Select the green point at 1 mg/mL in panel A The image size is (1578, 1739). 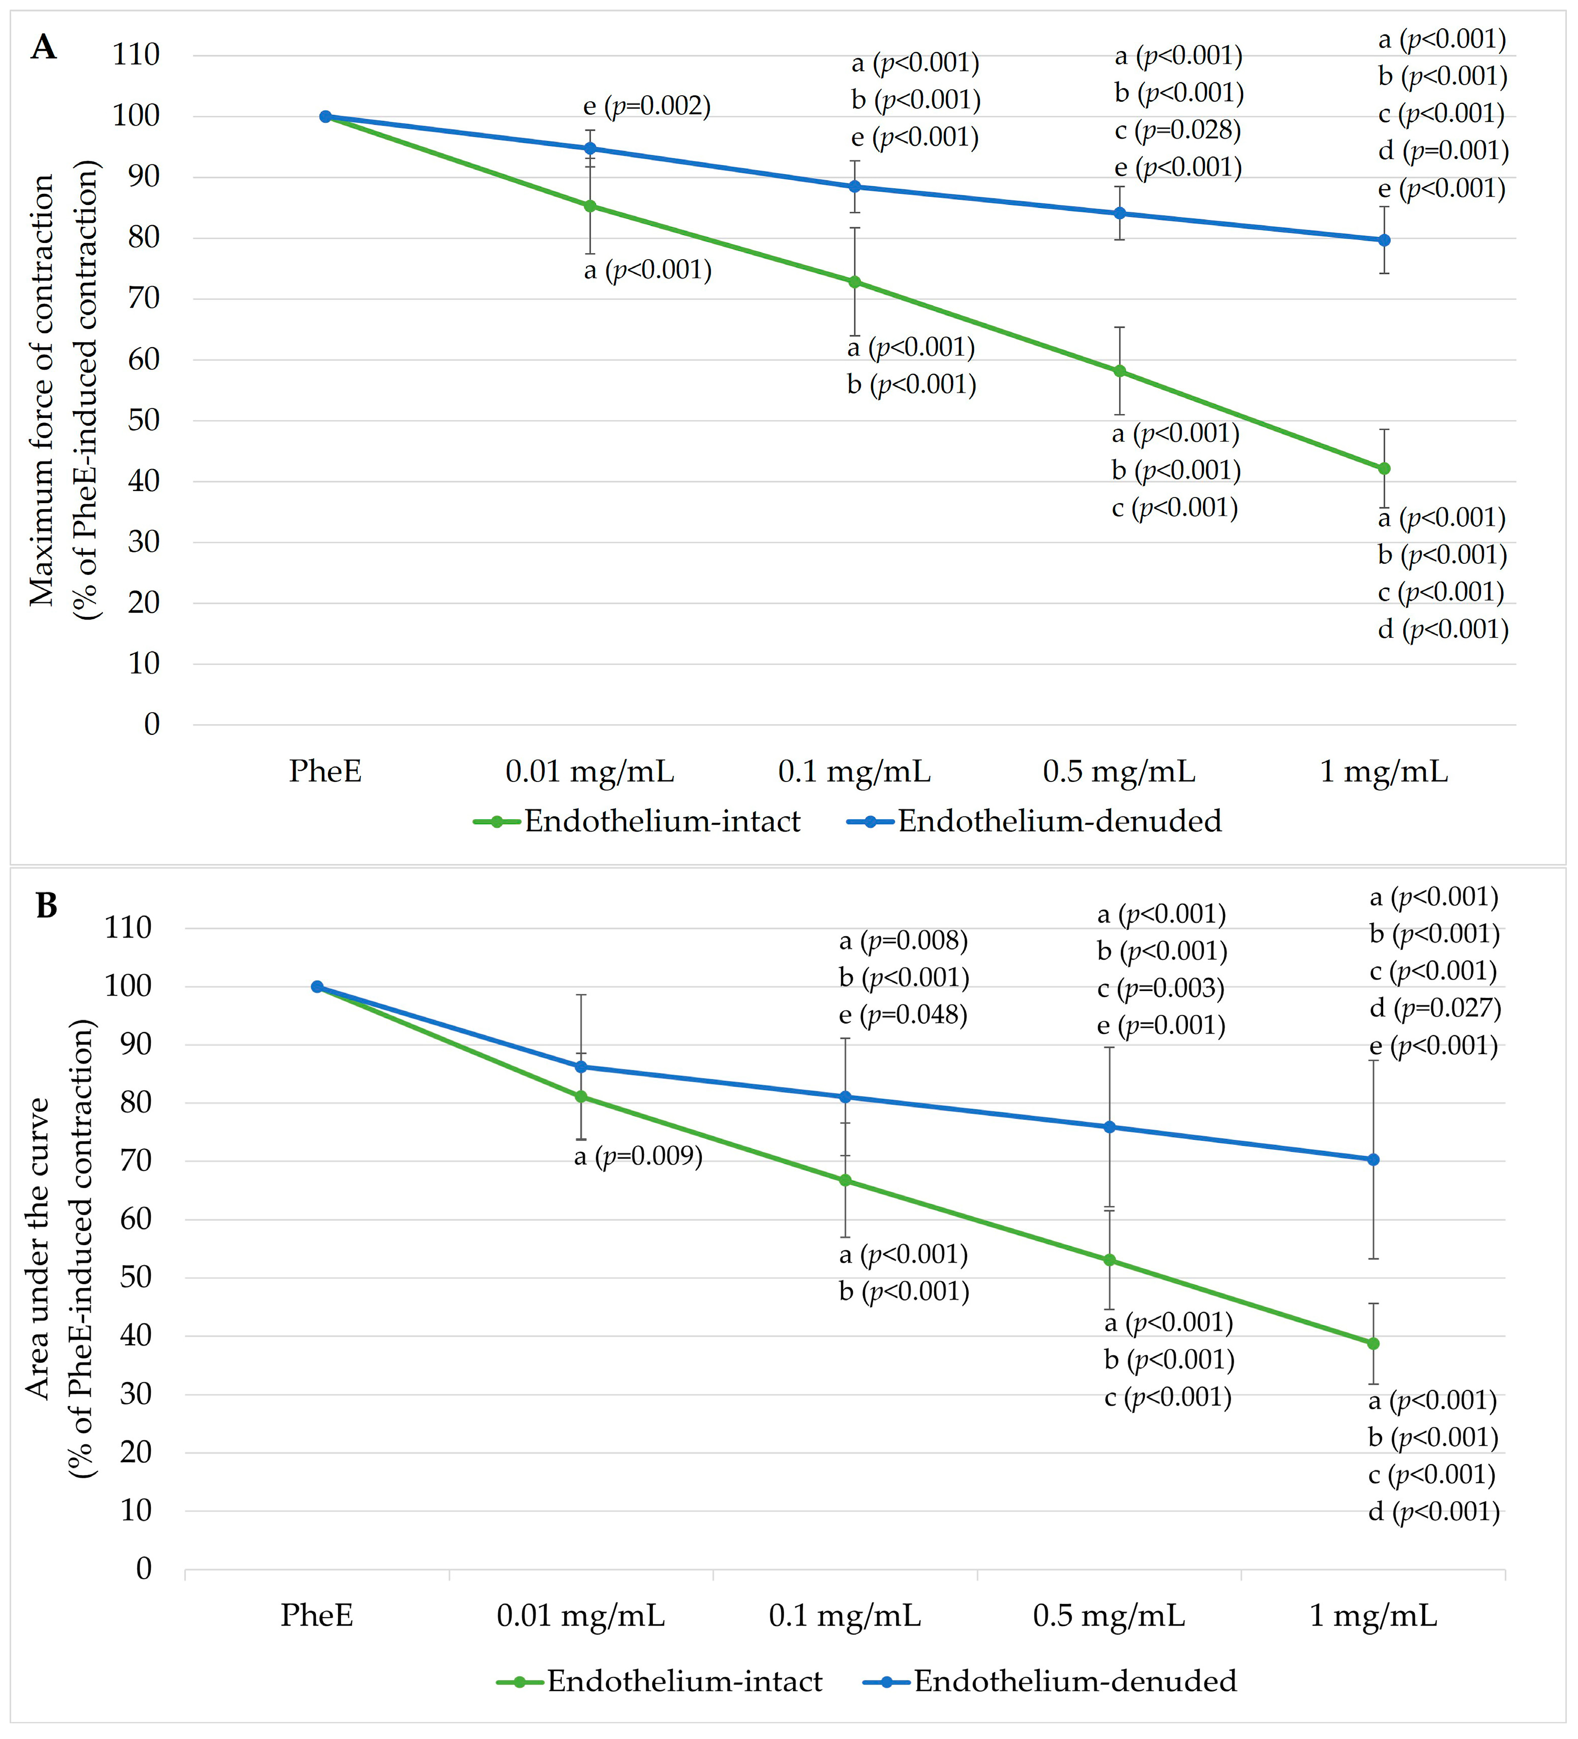tap(1384, 468)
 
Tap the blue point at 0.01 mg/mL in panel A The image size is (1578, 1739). tap(590, 148)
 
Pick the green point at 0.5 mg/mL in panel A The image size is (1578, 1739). tap(1119, 371)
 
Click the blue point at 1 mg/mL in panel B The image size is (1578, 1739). tap(1374, 1160)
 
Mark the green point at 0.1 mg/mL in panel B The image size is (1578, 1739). tap(845, 1180)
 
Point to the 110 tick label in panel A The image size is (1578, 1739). tap(136, 54)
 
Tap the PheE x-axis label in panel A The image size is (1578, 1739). tap(325, 770)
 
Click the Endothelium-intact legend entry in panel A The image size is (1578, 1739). tap(637, 821)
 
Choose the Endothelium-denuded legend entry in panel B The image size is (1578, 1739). tap(1050, 1681)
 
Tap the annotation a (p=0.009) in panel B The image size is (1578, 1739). tap(639, 1156)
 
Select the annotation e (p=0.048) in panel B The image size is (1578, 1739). tap(903, 1014)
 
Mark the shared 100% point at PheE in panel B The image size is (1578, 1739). tap(317, 987)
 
